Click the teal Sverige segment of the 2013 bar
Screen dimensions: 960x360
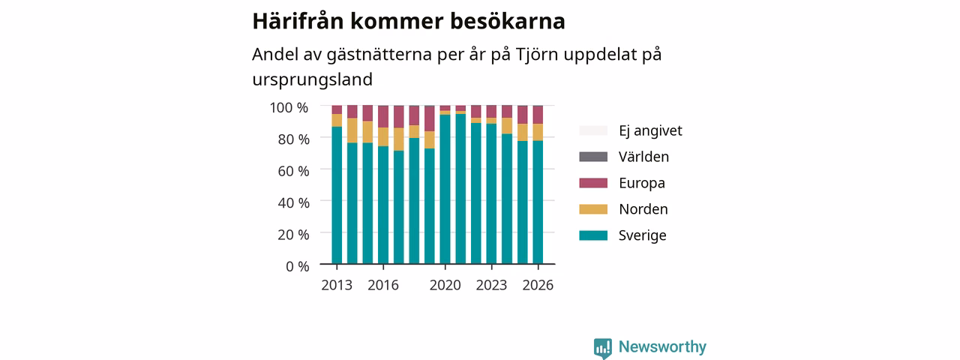click(x=337, y=195)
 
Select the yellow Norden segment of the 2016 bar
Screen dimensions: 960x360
click(x=383, y=136)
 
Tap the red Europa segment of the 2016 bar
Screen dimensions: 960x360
click(x=383, y=116)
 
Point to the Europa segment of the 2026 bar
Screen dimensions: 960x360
click(x=538, y=115)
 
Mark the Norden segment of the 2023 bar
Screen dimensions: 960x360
click(x=491, y=121)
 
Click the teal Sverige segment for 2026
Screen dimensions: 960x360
click(x=538, y=202)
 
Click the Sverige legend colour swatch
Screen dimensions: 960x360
click(x=593, y=235)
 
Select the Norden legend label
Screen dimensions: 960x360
click(x=643, y=209)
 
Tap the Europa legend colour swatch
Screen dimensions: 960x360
click(x=593, y=183)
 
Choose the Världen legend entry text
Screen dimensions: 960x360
click(x=643, y=157)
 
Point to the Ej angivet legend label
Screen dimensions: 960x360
click(x=650, y=130)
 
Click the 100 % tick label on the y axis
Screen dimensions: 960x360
click(x=289, y=107)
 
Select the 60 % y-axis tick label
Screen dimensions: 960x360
click(x=293, y=171)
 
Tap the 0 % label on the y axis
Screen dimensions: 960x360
click(x=298, y=266)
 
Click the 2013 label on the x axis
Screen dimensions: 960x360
click(x=337, y=285)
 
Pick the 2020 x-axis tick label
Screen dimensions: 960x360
click(x=445, y=285)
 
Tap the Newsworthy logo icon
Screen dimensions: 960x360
click(x=602, y=348)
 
